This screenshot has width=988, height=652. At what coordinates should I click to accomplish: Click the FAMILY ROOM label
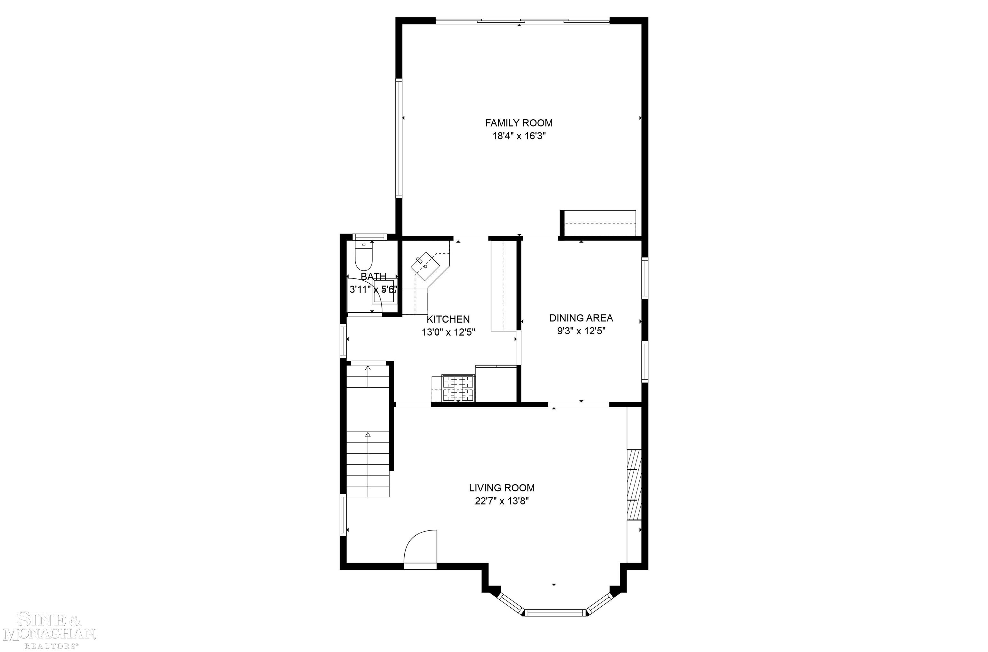click(x=519, y=123)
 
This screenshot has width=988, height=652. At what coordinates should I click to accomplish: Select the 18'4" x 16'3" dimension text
click(x=519, y=136)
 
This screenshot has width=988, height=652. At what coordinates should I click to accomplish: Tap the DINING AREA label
click(x=581, y=318)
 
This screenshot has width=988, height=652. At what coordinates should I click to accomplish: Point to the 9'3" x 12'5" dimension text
click(x=581, y=331)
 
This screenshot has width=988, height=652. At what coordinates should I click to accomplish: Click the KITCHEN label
click(x=448, y=319)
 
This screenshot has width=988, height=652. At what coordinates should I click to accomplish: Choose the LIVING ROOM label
click(x=502, y=488)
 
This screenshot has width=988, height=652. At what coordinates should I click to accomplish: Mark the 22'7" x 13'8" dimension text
click(x=502, y=501)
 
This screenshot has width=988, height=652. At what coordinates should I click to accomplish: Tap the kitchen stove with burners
click(x=458, y=388)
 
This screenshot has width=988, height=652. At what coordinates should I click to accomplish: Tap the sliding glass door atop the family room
click(x=523, y=20)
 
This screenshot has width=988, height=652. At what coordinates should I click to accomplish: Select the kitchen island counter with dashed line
click(x=503, y=286)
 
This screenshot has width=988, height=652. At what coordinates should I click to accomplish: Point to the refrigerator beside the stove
click(x=496, y=383)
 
